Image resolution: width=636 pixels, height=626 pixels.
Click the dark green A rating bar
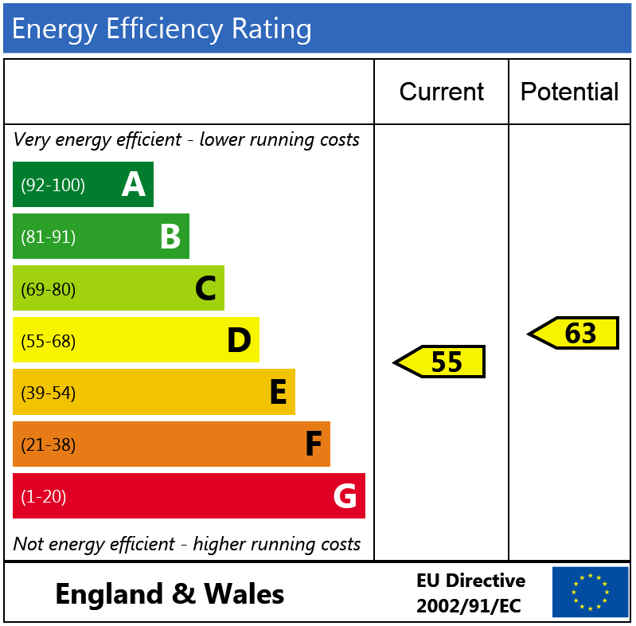point(83,185)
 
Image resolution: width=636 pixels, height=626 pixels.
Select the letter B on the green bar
point(170,237)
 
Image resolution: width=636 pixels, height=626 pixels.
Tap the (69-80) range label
point(49,289)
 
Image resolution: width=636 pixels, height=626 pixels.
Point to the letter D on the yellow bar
point(239,341)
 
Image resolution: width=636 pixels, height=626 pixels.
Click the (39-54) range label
point(49,393)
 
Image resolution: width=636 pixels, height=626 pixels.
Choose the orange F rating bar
point(171,444)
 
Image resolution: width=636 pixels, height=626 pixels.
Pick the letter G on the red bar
point(345,496)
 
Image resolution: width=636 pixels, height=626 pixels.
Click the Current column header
point(441,92)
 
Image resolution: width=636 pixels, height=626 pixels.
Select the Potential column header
point(569,92)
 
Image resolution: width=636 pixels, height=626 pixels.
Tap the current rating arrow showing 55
point(440,362)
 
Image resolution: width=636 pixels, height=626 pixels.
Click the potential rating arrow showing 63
point(574,334)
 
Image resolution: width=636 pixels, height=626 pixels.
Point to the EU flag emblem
point(590,593)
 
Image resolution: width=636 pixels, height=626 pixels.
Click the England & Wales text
point(170,594)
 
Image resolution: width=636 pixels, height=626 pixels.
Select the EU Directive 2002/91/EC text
point(470,593)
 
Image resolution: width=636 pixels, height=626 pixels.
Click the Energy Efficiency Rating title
point(162,29)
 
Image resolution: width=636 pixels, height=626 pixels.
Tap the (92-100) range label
point(53,186)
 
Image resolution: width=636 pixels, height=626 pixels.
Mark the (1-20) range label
point(44,497)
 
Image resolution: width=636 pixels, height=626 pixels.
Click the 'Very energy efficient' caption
point(186,140)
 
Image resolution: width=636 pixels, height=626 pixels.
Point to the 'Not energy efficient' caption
point(186,544)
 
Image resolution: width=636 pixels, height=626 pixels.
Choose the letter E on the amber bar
point(278,393)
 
